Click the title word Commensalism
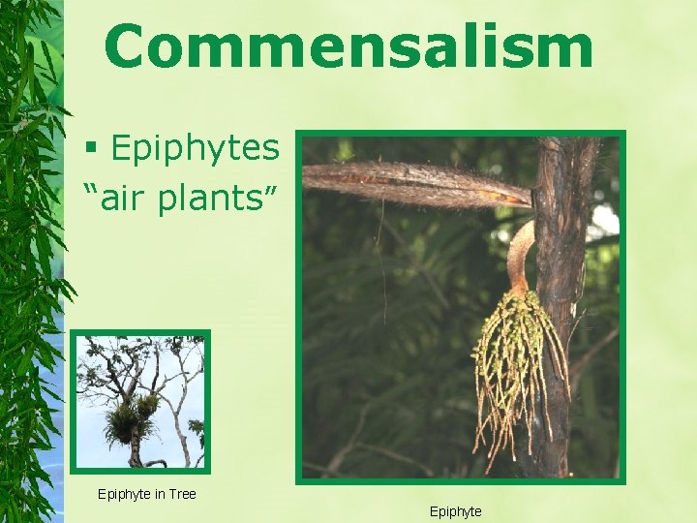(x=348, y=46)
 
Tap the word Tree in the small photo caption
(x=181, y=494)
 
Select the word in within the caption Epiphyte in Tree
(x=159, y=494)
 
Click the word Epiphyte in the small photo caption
(x=124, y=494)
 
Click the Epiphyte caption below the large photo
(x=455, y=511)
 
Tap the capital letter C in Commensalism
(x=132, y=46)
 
